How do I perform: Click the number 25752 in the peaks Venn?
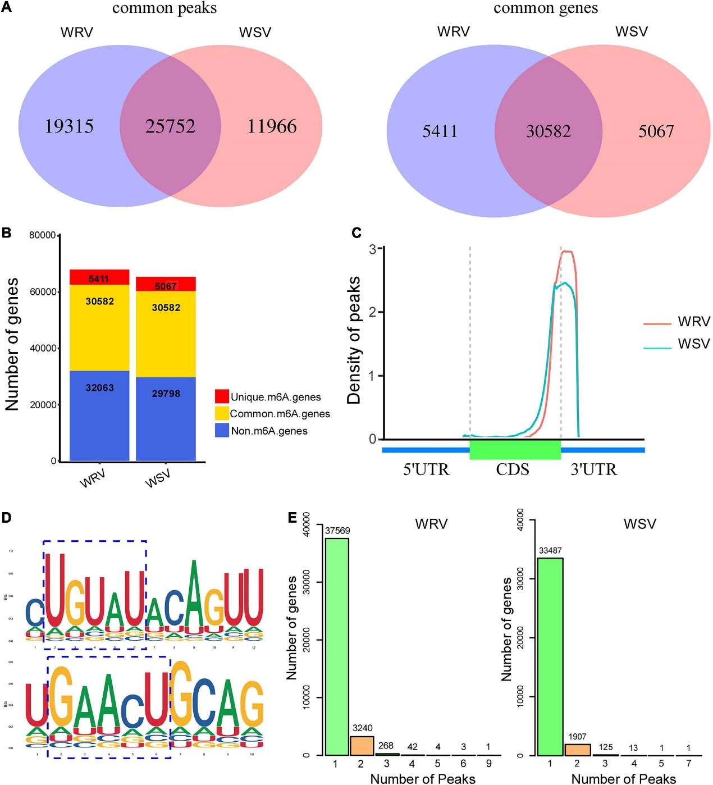(170, 126)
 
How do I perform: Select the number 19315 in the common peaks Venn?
(69, 126)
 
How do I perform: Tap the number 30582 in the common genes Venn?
(548, 131)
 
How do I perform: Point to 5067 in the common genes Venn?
(656, 131)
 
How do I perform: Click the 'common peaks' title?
(164, 8)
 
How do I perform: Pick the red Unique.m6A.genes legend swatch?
(222, 396)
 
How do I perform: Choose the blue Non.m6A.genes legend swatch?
(222, 431)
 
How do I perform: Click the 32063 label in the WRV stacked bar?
(99, 387)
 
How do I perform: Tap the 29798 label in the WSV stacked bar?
(166, 394)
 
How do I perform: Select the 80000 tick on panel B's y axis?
(42, 235)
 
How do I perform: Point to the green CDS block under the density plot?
(515, 450)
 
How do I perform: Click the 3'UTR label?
(593, 469)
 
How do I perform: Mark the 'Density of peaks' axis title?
(354, 340)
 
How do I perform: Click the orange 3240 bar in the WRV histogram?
(362, 746)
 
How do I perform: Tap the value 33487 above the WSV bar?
(550, 551)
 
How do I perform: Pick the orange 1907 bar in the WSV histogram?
(577, 750)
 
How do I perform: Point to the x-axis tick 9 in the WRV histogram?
(488, 764)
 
